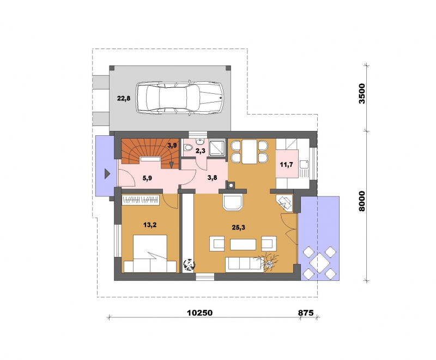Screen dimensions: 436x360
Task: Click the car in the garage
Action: (180, 98)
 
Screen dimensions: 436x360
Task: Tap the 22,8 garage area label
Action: (124, 99)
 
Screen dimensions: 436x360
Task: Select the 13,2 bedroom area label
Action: (150, 225)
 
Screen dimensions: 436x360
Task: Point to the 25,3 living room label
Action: (239, 227)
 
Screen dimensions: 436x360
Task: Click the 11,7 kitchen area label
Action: (287, 165)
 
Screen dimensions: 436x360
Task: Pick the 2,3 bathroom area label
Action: (201, 151)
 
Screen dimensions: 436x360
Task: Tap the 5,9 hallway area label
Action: (147, 178)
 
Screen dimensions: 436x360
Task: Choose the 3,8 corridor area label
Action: (212, 178)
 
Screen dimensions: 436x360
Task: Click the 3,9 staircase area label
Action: (172, 145)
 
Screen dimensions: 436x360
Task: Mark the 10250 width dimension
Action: (199, 313)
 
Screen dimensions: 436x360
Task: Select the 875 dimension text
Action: (306, 313)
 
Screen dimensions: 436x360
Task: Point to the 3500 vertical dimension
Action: (361, 93)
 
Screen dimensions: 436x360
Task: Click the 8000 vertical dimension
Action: (361, 201)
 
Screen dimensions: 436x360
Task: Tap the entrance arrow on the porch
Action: (107, 174)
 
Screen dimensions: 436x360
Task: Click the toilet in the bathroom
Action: (189, 148)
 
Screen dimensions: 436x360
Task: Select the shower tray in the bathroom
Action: (217, 147)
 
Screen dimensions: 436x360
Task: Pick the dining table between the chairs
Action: (250, 152)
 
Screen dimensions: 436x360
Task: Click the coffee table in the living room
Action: (243, 244)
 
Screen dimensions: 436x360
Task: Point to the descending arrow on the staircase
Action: (172, 165)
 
